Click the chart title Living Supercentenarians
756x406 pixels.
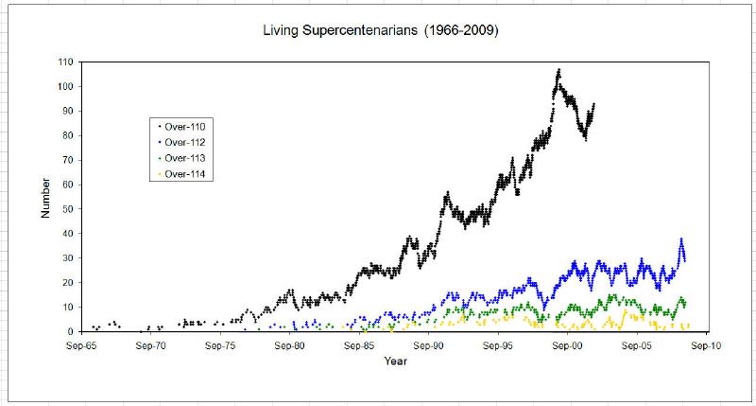click(x=380, y=31)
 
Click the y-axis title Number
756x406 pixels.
click(x=45, y=199)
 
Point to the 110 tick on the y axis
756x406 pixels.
click(x=66, y=62)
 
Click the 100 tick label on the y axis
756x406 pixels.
click(x=66, y=86)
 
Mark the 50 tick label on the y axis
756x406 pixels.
click(x=69, y=209)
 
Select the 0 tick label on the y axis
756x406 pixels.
click(x=72, y=332)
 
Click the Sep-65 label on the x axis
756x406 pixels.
click(x=82, y=346)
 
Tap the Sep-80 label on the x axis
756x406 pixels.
click(x=290, y=346)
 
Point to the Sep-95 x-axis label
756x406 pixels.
click(x=498, y=346)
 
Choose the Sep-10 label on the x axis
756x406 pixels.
click(x=706, y=346)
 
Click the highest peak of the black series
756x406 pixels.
click(x=558, y=70)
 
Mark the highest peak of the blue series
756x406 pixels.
click(x=680, y=240)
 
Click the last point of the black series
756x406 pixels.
click(x=593, y=104)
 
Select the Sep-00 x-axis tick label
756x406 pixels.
click(x=567, y=346)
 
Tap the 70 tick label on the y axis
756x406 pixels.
click(x=69, y=160)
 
